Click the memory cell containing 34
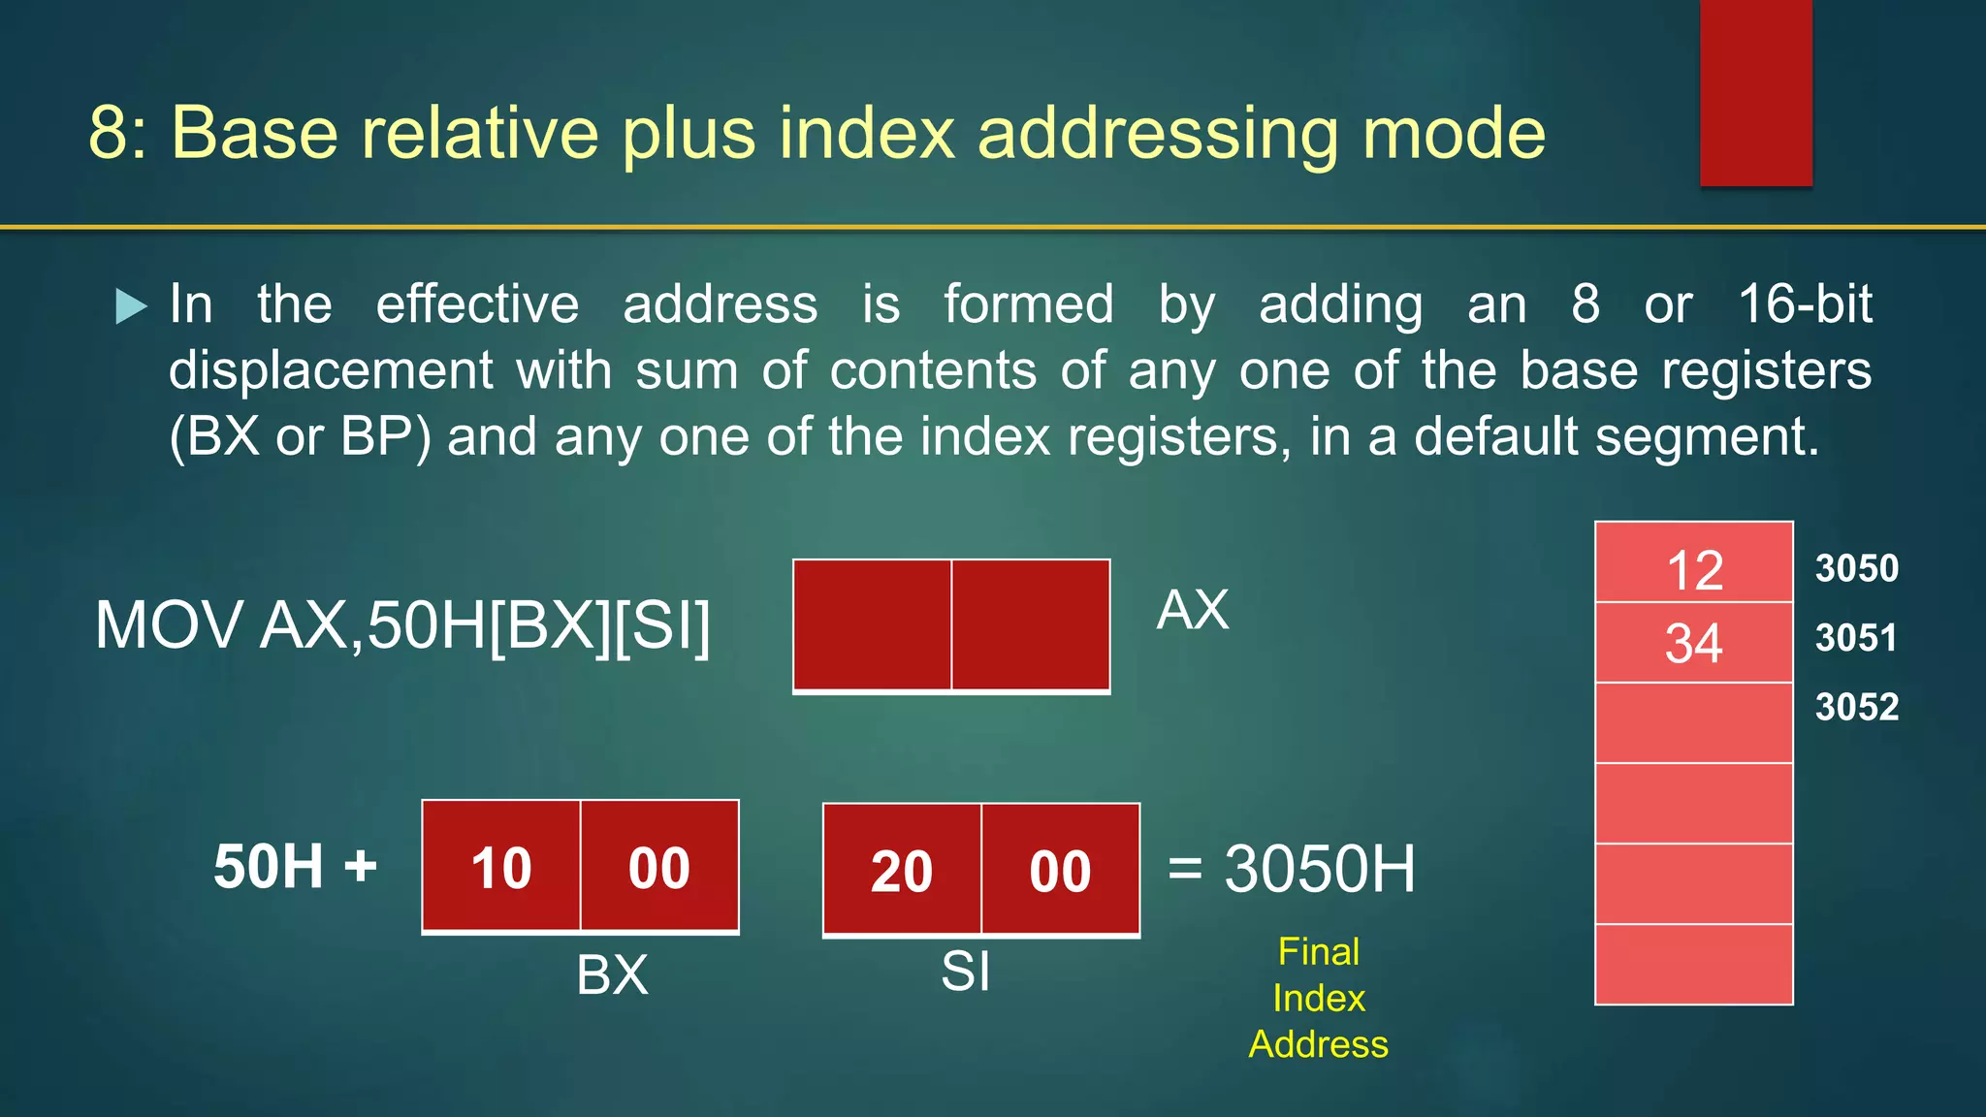click(x=1693, y=643)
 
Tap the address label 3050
click(x=1856, y=568)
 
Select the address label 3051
click(x=1856, y=638)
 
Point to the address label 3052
click(x=1856, y=707)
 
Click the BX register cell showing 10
click(x=501, y=867)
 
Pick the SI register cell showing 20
click(x=902, y=870)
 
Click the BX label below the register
click(x=612, y=974)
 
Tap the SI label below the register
click(x=965, y=971)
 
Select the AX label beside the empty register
click(x=1193, y=611)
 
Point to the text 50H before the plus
click(x=269, y=866)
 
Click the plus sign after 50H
click(x=360, y=865)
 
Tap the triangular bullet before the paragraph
click(x=131, y=306)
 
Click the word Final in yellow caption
click(x=1318, y=951)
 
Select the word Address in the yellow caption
click(x=1318, y=1044)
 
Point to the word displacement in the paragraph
click(x=331, y=370)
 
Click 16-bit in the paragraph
click(x=1805, y=304)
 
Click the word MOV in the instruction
click(x=168, y=625)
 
